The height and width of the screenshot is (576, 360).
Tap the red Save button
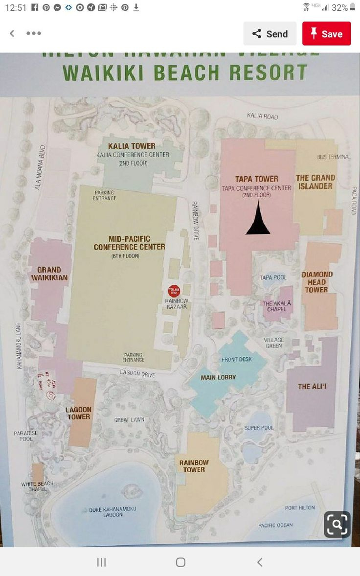coord(326,34)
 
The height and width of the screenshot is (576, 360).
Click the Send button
coord(270,34)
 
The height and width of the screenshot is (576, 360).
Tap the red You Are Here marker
coord(174,291)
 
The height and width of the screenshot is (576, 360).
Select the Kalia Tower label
coord(132,146)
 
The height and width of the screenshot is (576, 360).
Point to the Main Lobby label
coord(218,377)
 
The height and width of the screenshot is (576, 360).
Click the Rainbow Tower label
coord(194,466)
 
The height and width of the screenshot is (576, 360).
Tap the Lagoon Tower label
coord(79,413)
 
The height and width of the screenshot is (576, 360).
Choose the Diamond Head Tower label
coord(317,282)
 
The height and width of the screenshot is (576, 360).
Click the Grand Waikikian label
coord(49,274)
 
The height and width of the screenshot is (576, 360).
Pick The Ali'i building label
coord(312,387)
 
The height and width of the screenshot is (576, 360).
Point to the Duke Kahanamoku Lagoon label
coord(112,512)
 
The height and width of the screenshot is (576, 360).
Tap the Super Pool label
coord(259,428)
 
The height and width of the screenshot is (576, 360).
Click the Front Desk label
coord(236,359)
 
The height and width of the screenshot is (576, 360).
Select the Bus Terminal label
coord(334,157)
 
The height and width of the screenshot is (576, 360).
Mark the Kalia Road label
coord(262,116)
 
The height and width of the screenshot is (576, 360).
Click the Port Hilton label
coord(300,507)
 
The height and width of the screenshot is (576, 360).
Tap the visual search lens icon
coord(337,525)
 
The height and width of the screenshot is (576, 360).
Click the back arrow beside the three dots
coord(12,33)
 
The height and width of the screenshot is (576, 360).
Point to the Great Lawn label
coord(129,420)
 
